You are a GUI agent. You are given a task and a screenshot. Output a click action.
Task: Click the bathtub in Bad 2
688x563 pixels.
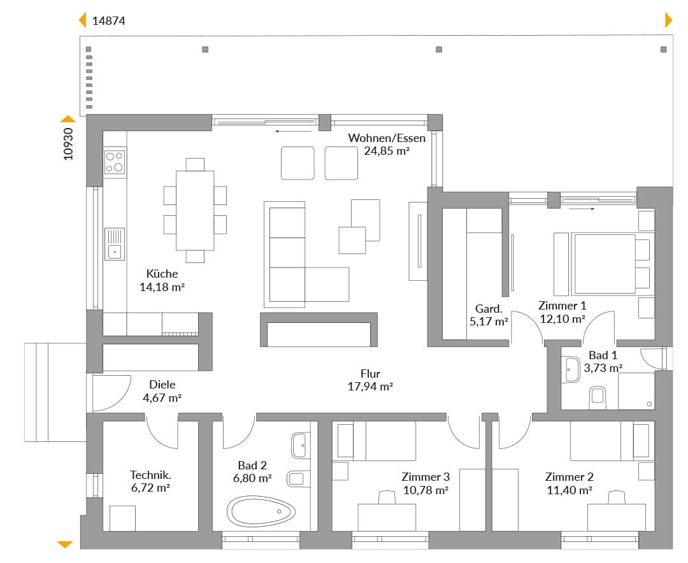pyautogui.click(x=261, y=511)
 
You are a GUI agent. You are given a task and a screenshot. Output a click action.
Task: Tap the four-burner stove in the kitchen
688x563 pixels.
pyautogui.click(x=115, y=162)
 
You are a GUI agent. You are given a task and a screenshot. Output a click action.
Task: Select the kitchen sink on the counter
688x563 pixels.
pyautogui.click(x=115, y=244)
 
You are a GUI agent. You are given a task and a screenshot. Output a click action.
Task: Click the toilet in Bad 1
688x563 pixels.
pyautogui.click(x=597, y=394)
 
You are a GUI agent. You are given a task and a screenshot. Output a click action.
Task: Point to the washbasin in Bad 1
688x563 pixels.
pyautogui.click(x=571, y=369)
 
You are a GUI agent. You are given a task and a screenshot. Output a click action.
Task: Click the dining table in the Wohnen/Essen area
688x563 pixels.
pyautogui.click(x=196, y=210)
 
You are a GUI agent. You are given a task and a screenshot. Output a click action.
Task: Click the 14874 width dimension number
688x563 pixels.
pyautogui.click(x=108, y=20)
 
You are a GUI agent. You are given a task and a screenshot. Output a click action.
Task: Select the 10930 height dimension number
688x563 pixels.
pyautogui.click(x=68, y=144)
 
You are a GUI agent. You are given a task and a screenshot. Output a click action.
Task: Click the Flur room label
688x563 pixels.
pyautogui.click(x=370, y=374)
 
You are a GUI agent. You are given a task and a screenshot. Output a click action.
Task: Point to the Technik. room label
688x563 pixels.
pyautogui.click(x=150, y=475)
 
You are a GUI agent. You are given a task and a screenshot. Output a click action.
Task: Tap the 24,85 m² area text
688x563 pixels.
pyautogui.click(x=387, y=151)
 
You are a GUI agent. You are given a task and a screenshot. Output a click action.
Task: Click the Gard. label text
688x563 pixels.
pyautogui.click(x=489, y=309)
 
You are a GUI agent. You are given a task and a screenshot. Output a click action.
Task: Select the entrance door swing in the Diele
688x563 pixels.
pyautogui.click(x=112, y=393)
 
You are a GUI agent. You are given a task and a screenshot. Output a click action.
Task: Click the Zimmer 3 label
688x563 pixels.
pyautogui.click(x=426, y=477)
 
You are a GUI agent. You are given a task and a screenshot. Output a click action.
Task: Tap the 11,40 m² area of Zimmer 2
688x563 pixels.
pyautogui.click(x=570, y=490)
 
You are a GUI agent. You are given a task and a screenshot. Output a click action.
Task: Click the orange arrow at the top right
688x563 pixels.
pyautogui.click(x=669, y=20)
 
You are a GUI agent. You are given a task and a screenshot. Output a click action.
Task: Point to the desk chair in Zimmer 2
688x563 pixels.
pyautogui.click(x=617, y=497)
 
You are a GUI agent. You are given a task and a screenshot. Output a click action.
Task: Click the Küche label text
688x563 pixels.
pyautogui.click(x=162, y=274)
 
